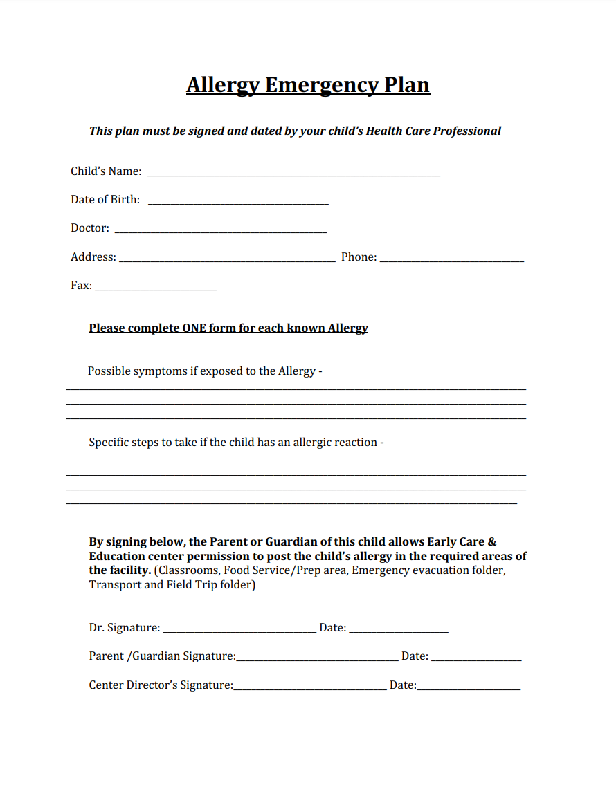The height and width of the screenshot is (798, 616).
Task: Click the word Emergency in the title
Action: [x=320, y=85]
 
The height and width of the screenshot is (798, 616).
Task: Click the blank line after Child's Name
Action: [x=293, y=173]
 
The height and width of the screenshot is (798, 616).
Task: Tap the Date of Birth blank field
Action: [x=238, y=201]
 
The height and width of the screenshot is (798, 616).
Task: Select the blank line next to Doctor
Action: [x=220, y=230]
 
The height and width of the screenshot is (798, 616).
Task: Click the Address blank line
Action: [x=227, y=259]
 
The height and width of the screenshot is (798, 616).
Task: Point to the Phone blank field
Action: [x=451, y=259]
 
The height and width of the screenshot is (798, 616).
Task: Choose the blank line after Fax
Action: [x=156, y=287]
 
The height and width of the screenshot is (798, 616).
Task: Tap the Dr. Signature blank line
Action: [x=239, y=629]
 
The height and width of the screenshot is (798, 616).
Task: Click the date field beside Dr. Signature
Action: [x=399, y=629]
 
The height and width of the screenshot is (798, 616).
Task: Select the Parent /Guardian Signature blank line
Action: [x=317, y=658]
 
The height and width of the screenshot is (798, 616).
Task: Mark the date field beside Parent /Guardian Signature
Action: [x=476, y=658]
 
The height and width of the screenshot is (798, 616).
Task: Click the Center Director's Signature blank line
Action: [x=310, y=687]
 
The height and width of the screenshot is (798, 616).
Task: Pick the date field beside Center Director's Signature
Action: [x=469, y=687]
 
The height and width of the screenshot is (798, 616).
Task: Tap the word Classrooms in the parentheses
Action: [x=186, y=571]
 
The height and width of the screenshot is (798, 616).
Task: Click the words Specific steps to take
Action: [x=142, y=443]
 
